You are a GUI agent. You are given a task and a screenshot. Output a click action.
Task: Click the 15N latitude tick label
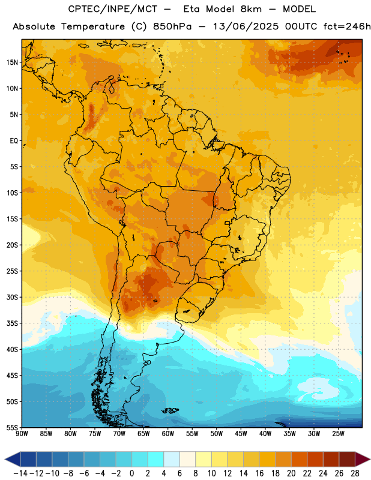12,62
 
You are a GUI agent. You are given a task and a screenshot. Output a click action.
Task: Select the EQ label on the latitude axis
14,141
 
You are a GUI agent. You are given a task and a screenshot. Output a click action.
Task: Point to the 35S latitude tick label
12,323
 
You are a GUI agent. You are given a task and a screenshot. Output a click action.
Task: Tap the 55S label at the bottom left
12,427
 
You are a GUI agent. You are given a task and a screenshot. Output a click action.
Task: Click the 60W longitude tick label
168,434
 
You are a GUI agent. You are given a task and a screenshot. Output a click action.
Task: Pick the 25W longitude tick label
338,434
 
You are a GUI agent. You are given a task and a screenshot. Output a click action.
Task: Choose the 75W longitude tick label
95,434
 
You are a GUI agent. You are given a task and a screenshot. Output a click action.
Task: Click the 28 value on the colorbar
355,473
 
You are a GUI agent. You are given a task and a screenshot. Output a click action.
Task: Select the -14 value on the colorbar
21,473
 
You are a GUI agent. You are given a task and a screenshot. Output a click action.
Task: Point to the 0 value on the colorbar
131,473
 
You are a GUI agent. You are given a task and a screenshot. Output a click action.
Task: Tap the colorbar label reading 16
259,473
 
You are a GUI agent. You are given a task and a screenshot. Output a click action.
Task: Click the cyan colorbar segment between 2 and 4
155,459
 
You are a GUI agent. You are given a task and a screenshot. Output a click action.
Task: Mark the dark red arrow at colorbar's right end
362,459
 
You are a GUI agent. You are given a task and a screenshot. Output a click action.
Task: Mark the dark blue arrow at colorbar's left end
13,459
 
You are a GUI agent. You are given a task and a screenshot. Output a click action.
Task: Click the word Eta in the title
192,9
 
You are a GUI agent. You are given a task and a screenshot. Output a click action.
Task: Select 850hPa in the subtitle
172,26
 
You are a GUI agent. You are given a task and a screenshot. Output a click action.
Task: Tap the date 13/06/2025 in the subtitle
246,26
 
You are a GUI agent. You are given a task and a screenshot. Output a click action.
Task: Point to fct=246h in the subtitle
347,26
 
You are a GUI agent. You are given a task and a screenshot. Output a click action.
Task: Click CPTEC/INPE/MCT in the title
113,9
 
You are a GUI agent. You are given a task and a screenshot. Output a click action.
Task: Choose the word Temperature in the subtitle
93,27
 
